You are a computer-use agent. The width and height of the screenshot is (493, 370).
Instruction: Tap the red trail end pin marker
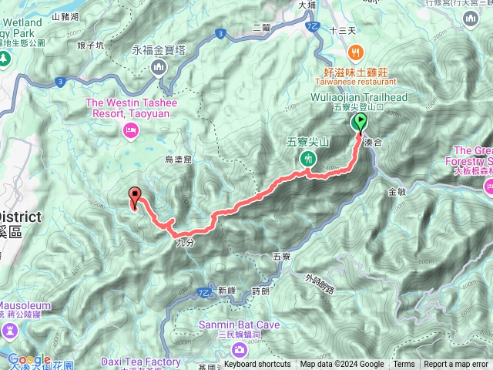(x=136, y=197)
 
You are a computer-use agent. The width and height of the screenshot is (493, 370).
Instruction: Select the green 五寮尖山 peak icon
(x=308, y=159)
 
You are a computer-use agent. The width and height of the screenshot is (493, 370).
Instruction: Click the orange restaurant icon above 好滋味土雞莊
(x=354, y=53)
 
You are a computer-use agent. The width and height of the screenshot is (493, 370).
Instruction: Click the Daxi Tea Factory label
(x=140, y=361)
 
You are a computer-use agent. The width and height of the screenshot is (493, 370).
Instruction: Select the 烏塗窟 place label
(x=179, y=160)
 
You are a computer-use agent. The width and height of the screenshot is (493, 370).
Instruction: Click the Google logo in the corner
(x=29, y=359)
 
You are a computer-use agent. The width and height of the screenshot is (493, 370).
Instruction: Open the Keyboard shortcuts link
(x=258, y=365)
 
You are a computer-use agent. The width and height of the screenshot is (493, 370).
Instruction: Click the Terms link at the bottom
(x=404, y=365)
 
